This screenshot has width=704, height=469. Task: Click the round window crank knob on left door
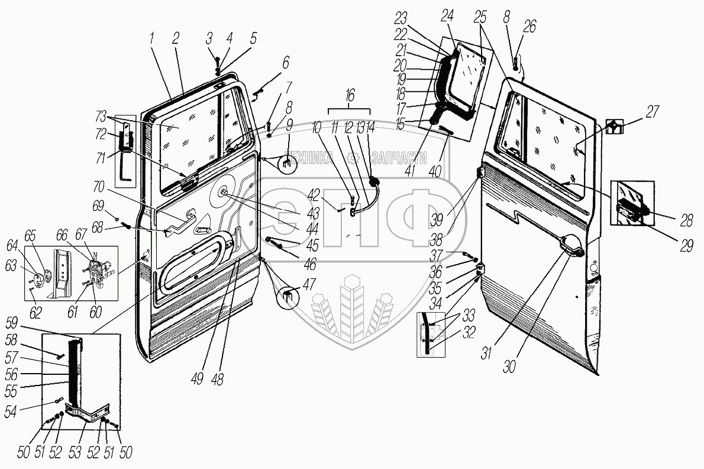(225, 191)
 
